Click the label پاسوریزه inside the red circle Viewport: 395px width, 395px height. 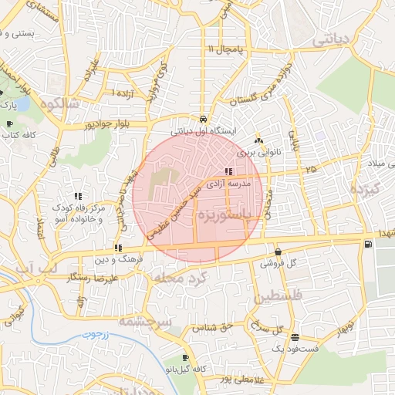click(x=223, y=214)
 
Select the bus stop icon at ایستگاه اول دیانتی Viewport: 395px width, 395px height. click(x=202, y=120)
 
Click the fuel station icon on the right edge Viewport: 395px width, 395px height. click(x=367, y=245)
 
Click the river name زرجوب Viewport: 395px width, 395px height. click(x=98, y=336)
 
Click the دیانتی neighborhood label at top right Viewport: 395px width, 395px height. click(x=334, y=38)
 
